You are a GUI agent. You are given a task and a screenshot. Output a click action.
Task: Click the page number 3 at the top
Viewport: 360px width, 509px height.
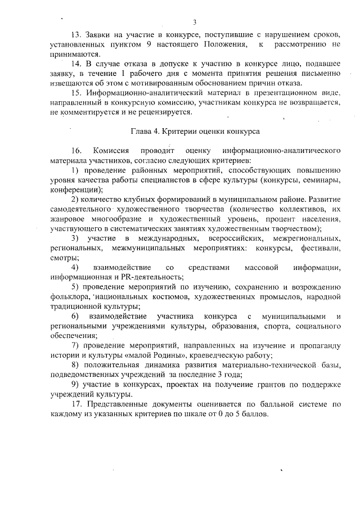(194, 22)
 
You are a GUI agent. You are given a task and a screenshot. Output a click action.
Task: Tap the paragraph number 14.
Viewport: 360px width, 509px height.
(77, 65)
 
